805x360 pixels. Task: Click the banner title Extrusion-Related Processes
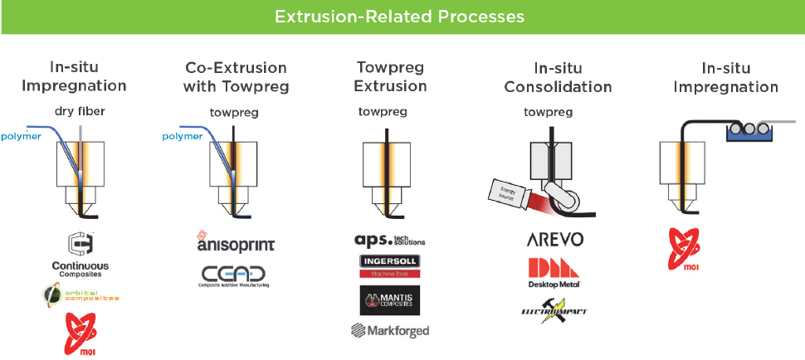point(402,17)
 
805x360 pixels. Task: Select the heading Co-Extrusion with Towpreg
point(236,76)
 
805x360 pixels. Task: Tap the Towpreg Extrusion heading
point(390,76)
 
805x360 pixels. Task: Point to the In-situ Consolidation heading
point(558,77)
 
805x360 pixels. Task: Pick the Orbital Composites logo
point(80,294)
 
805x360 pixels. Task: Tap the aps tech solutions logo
point(389,239)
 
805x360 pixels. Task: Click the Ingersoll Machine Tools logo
point(389,265)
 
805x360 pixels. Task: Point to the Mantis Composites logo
point(389,299)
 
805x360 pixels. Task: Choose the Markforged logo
point(389,331)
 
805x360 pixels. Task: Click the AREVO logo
point(555,239)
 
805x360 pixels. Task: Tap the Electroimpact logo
point(555,310)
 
